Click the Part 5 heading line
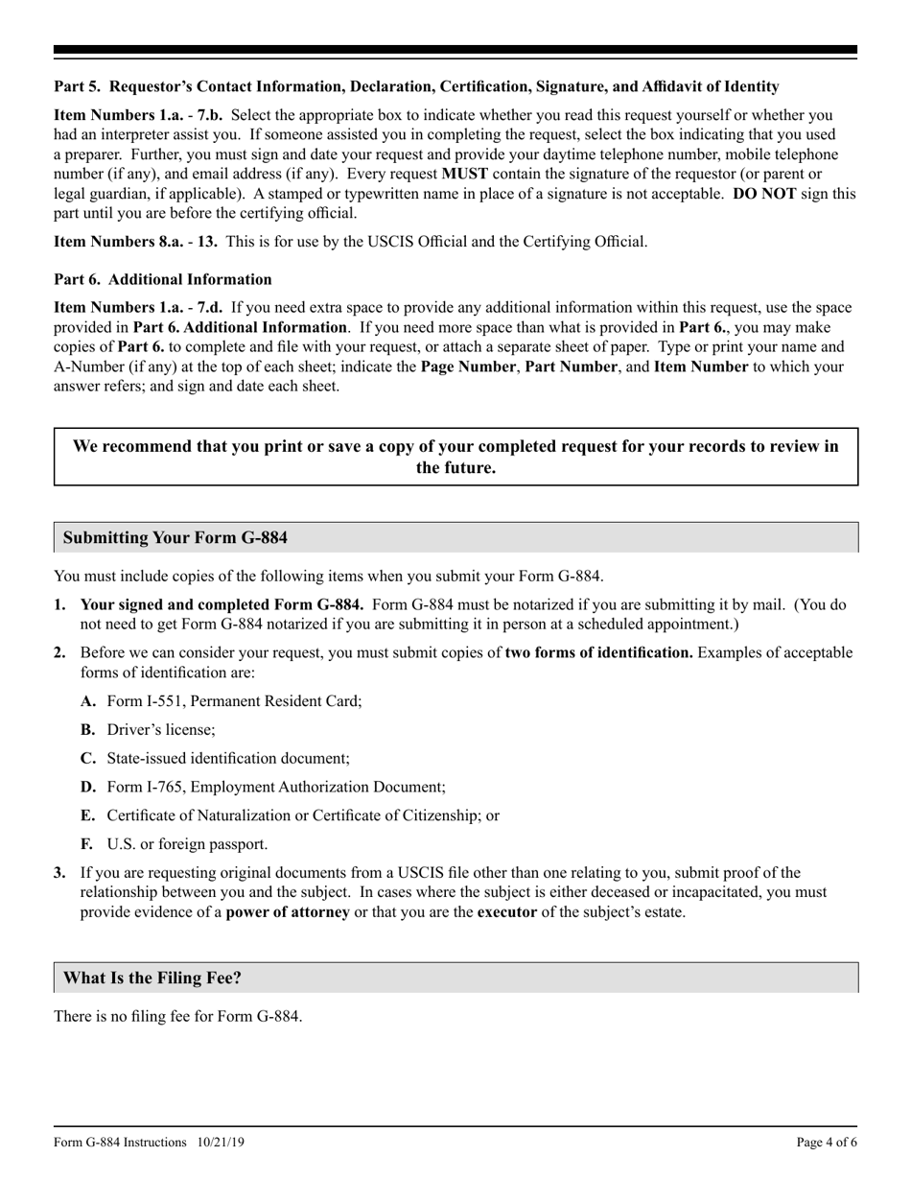point(416,87)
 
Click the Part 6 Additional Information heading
point(163,279)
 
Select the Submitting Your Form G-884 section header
point(175,538)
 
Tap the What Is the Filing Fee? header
point(152,979)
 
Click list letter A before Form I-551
point(88,701)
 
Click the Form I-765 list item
point(275,788)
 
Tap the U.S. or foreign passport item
point(187,845)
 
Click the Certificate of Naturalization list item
point(302,816)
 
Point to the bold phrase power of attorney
point(288,912)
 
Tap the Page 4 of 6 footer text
point(827,1143)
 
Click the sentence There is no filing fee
point(178,1016)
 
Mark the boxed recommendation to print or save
point(455,458)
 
